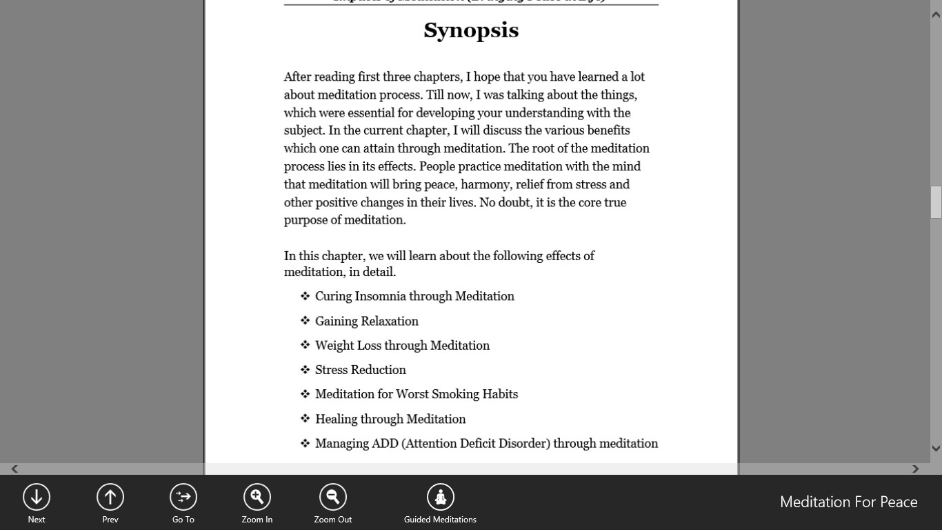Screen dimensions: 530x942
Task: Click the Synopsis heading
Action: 471,30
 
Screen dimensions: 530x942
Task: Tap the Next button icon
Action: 37,497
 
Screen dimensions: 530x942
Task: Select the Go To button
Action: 183,497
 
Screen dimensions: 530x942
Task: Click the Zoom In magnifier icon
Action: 257,497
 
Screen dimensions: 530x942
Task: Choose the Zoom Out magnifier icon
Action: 332,497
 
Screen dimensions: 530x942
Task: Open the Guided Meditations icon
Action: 440,497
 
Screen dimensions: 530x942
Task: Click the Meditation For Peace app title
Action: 848,502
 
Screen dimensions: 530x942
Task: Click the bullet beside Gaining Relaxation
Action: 305,321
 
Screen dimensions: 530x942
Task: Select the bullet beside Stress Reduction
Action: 305,370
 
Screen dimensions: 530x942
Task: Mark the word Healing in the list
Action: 337,419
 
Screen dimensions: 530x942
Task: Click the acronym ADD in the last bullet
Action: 385,444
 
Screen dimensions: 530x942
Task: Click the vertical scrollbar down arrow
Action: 936,449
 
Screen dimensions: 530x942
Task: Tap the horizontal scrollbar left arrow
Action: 14,469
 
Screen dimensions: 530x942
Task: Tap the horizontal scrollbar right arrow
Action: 915,469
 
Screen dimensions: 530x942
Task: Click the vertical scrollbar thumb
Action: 936,202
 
